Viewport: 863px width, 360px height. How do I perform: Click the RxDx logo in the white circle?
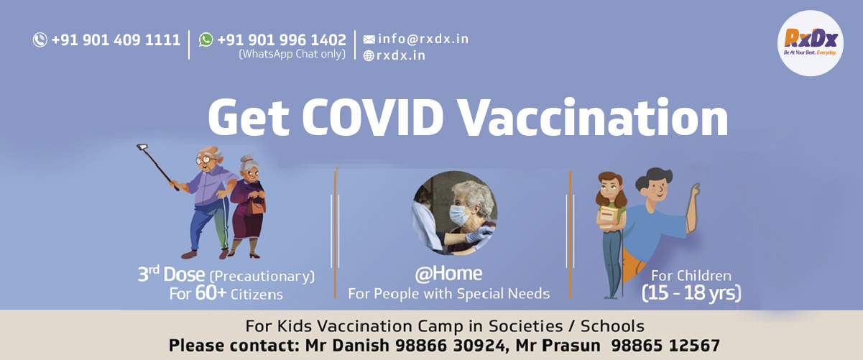811,43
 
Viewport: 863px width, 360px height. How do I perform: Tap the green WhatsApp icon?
206,40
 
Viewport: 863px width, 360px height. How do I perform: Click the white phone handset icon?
40,40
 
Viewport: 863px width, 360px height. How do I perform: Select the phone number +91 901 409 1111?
116,40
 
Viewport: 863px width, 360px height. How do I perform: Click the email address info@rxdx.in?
423,39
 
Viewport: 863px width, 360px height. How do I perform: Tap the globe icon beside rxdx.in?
369,56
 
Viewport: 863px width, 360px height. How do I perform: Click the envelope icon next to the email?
369,40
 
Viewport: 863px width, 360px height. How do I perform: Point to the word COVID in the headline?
373,117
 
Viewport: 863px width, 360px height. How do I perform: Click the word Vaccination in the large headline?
594,117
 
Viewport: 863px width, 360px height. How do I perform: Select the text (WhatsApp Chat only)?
292,54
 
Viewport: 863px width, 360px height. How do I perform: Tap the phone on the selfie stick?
142,147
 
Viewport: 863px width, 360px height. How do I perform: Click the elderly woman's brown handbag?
256,207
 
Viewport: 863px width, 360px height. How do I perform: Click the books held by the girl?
608,218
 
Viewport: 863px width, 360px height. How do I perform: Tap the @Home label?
448,274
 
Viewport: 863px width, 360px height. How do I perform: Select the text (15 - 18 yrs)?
691,293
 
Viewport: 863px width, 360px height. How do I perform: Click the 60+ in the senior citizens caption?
211,293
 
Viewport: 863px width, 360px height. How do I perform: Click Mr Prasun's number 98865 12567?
665,346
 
